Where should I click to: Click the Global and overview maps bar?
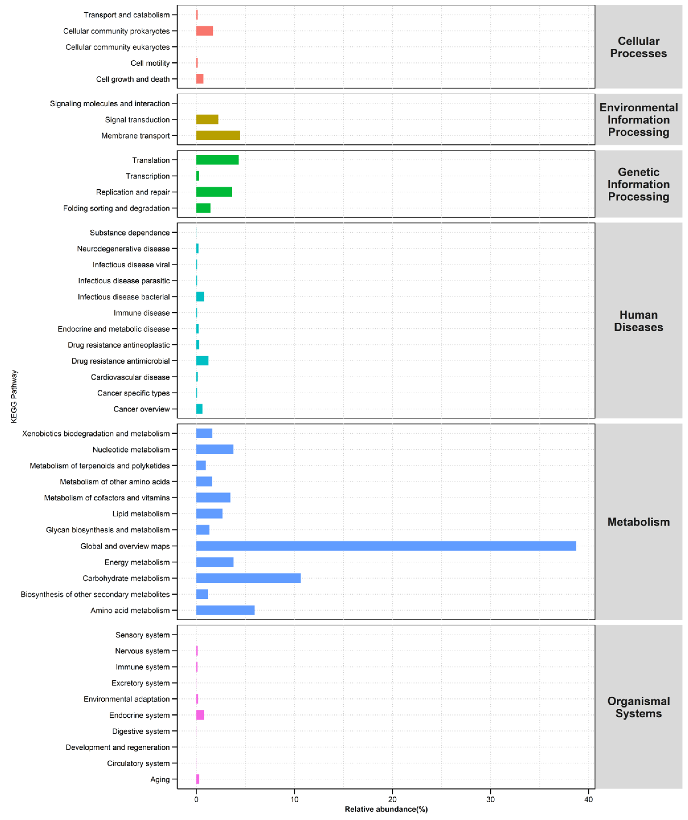[x=386, y=546]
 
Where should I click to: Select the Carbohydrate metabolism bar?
[x=248, y=578]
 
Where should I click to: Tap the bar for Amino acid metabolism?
[x=225, y=610]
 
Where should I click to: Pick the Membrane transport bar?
[x=218, y=136]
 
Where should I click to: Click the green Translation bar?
[x=217, y=160]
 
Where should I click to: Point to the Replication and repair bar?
[x=214, y=192]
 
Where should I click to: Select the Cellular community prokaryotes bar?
[x=204, y=31]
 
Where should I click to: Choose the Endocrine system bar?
[x=200, y=715]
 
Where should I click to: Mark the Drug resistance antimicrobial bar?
[x=202, y=361]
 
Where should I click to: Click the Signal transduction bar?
[x=207, y=119]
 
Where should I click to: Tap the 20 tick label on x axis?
[x=392, y=799]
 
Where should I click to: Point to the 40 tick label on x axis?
[x=588, y=799]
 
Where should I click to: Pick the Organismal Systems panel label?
[x=638, y=707]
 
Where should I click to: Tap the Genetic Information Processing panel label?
[x=638, y=184]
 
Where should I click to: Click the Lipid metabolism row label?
[x=141, y=514]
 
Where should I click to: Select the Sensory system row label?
[x=142, y=635]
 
